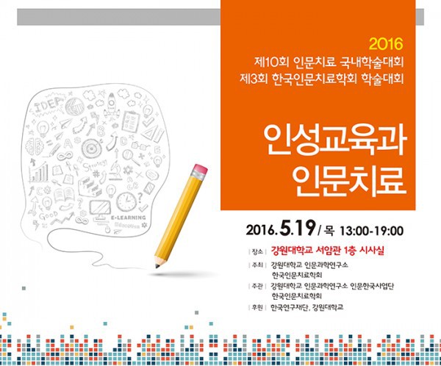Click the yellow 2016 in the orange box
(x=386, y=44)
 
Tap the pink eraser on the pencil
(x=200, y=170)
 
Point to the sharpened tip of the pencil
(x=157, y=266)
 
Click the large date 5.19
(x=298, y=229)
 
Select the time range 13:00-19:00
(x=372, y=231)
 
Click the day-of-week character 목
(x=329, y=231)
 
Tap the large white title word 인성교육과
(x=335, y=140)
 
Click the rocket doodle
(x=112, y=104)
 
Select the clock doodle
(x=126, y=201)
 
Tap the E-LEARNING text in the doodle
(x=128, y=218)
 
